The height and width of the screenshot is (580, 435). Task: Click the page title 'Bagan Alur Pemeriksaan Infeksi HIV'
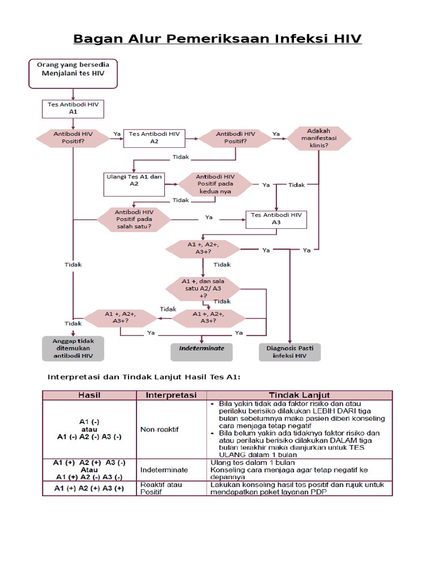click(x=217, y=39)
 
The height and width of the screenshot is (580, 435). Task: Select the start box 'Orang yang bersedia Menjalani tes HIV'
click(x=73, y=74)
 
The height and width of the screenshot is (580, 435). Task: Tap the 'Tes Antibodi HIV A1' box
click(x=73, y=108)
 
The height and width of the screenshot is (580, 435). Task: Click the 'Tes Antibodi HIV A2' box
click(x=154, y=138)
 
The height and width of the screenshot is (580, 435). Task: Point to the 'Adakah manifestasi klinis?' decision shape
click(x=318, y=138)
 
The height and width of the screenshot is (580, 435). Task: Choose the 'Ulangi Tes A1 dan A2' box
click(x=134, y=180)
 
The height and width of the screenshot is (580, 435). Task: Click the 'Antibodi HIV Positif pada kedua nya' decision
click(x=215, y=184)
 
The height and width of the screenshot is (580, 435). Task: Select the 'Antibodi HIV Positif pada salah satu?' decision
click(x=134, y=219)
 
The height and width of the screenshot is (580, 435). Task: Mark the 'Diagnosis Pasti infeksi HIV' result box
click(x=289, y=352)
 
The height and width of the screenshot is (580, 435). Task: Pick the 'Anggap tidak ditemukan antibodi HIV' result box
click(x=73, y=348)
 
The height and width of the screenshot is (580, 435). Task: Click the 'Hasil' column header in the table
click(x=93, y=394)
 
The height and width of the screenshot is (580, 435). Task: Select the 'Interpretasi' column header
click(x=171, y=394)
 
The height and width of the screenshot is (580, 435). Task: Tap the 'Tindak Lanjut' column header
click(x=299, y=394)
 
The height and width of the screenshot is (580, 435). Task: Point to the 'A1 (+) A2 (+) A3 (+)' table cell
click(x=89, y=488)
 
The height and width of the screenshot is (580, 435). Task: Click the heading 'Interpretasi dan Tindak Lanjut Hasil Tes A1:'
click(x=144, y=377)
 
